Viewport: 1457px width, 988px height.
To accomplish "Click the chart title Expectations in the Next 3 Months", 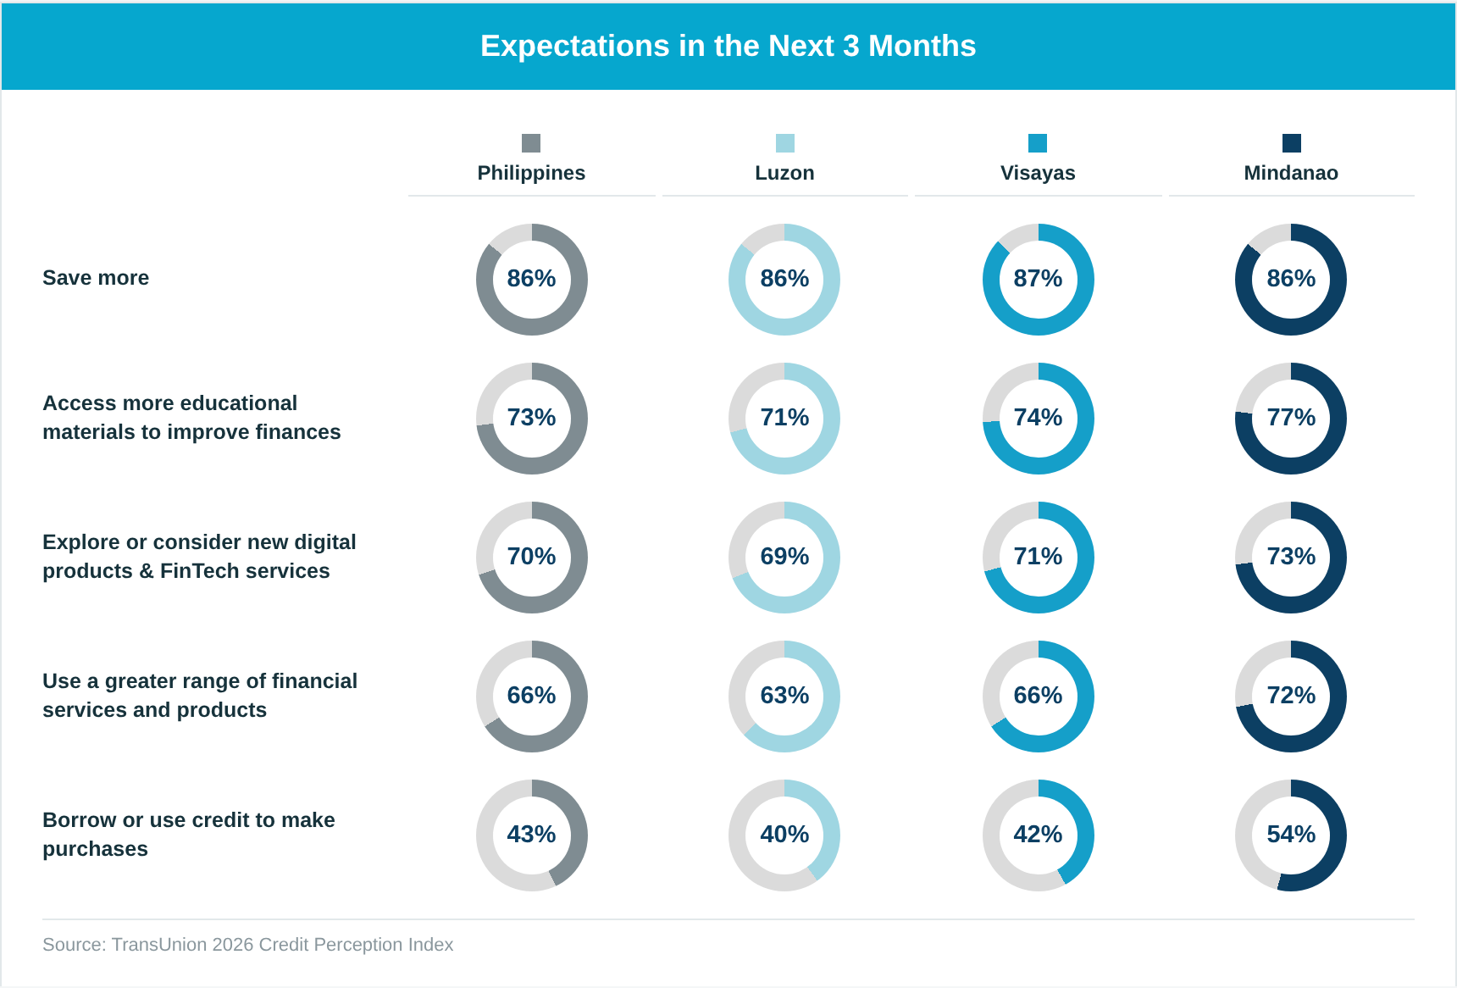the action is point(728,46).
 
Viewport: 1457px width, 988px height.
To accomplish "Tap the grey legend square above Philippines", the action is point(531,143).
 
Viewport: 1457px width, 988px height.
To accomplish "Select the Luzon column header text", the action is point(784,173).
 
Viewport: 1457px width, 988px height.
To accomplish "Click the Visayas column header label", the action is point(1038,173).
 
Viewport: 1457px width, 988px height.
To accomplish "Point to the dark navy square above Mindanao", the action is point(1291,143).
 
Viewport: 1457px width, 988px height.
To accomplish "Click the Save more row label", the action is point(96,278).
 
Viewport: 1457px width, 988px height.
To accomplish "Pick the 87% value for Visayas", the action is point(1038,279).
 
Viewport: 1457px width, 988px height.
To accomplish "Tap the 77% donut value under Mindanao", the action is point(1291,418).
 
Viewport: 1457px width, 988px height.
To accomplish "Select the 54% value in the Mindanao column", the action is point(1291,835).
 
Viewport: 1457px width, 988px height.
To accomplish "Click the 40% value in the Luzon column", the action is point(784,835).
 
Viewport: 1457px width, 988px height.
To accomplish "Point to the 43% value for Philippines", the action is point(531,835).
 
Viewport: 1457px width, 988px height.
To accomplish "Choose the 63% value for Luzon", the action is point(784,696).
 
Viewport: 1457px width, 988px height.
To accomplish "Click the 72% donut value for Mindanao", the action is point(1291,696).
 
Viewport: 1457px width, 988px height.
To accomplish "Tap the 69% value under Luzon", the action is point(784,557).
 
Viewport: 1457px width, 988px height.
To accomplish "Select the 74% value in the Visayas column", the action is point(1038,418).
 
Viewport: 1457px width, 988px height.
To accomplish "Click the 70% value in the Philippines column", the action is point(531,557).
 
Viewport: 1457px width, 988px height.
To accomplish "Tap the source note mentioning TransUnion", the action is point(247,945).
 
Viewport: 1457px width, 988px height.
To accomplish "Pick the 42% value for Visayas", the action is point(1038,835).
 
